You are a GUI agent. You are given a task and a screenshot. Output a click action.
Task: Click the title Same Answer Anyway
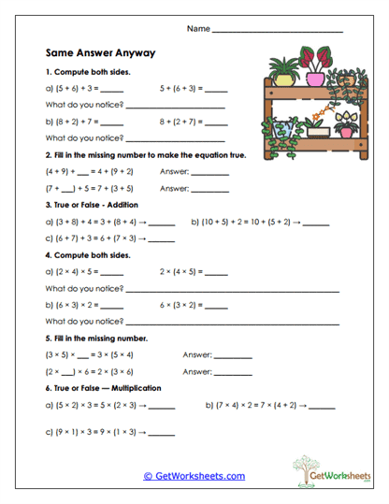pyautogui.click(x=100, y=53)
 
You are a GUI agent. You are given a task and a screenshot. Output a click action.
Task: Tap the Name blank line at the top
pyautogui.click(x=278, y=31)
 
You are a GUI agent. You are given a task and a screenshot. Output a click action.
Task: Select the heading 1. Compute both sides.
pyautogui.click(x=88, y=72)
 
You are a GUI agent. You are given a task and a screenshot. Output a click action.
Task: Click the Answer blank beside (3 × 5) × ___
pyautogui.click(x=233, y=355)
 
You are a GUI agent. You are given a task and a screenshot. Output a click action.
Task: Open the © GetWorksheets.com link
pyautogui.click(x=194, y=476)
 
